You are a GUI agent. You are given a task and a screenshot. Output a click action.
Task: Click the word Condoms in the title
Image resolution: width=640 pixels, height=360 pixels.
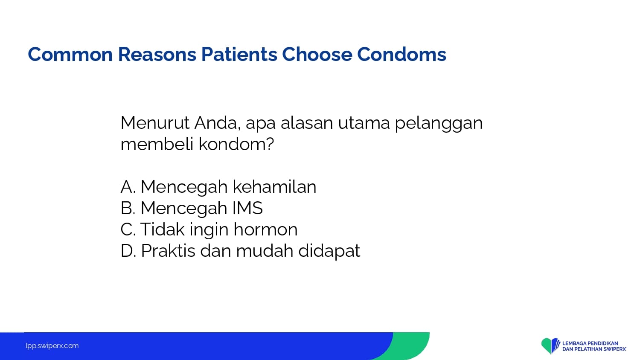401,54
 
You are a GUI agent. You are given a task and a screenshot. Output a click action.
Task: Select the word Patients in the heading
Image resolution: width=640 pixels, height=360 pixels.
239,54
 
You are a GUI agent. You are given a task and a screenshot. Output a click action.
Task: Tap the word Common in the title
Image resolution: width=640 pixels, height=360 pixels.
70,54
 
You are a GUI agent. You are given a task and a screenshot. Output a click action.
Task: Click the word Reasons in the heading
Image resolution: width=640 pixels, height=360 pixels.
157,54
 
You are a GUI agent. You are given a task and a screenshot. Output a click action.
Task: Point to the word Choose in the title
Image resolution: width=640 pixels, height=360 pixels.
317,54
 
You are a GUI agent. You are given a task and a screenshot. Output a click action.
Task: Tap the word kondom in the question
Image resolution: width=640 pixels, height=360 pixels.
233,144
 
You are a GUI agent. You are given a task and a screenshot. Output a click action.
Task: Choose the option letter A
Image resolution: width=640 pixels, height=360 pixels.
128,187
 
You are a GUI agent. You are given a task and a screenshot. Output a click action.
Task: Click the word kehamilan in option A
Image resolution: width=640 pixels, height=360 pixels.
274,187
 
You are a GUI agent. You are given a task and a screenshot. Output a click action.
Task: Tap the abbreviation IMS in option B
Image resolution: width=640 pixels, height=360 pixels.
247,208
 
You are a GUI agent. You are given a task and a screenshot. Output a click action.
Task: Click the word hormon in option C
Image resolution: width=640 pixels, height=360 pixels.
265,229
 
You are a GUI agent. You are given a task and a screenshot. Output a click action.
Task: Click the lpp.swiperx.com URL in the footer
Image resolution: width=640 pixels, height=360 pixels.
52,346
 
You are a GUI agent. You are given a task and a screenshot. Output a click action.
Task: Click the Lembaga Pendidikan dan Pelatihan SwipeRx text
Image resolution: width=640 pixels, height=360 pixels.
594,346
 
